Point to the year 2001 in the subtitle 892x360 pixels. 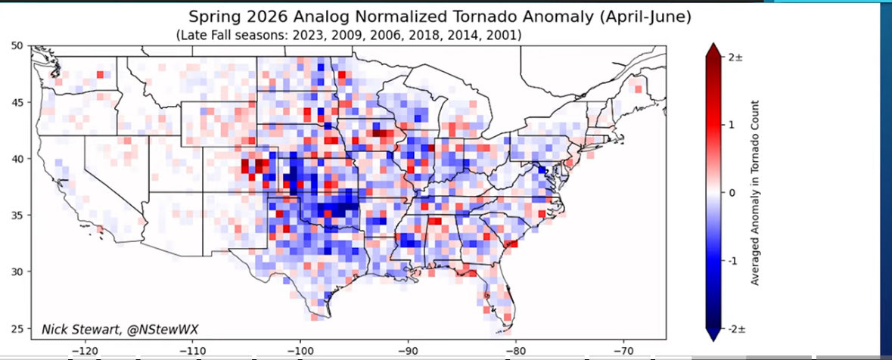(500, 36)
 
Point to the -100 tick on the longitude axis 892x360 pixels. (300, 352)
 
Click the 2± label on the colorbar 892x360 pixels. (735, 57)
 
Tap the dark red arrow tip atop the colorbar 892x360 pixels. (713, 50)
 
